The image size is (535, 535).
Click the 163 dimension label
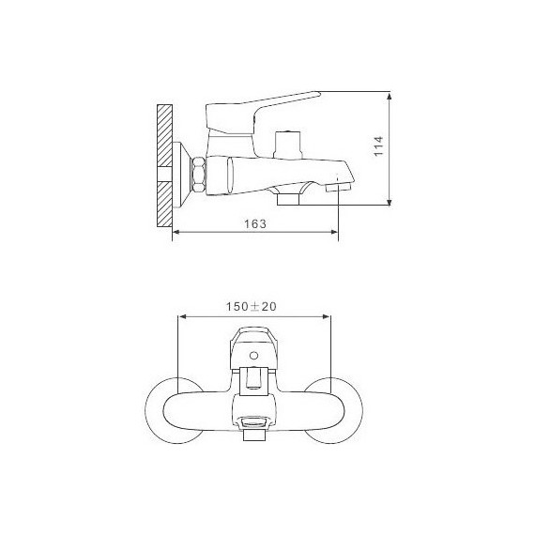255,223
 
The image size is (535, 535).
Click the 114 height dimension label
379,146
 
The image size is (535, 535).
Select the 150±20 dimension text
252,306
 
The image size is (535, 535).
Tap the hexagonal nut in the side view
199,175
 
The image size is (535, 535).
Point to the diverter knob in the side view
288,144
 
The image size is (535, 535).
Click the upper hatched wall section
164,135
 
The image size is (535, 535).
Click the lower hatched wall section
164,204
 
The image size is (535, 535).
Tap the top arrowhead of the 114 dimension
390,96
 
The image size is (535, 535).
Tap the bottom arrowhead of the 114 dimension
390,201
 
